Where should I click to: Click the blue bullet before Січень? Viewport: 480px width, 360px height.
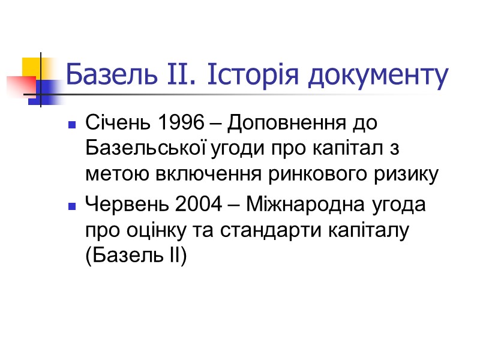(x=72, y=126)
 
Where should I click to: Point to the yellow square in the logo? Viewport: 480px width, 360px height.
(x=31, y=67)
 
